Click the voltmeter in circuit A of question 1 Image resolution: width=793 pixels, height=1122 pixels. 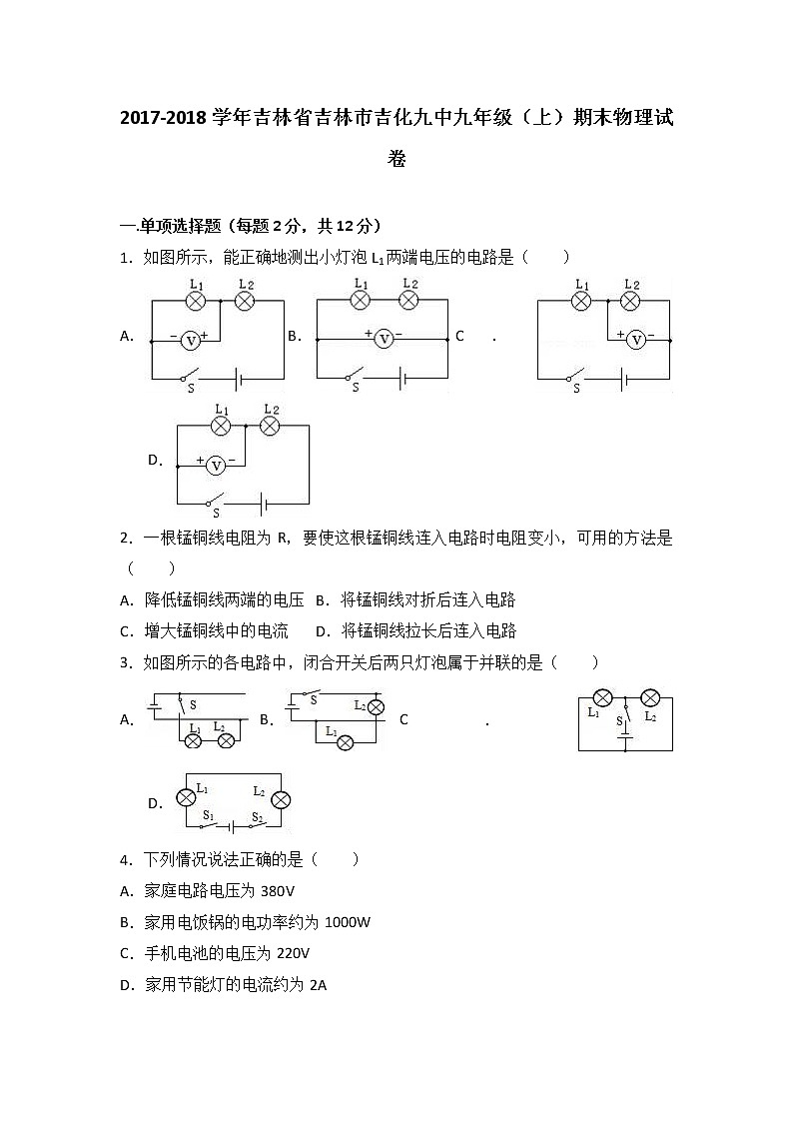click(x=191, y=341)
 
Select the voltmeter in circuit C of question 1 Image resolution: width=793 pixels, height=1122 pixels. click(x=636, y=341)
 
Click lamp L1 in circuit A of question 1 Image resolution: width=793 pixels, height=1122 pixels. click(x=197, y=300)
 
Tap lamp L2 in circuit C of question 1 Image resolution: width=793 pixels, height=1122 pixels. click(x=630, y=300)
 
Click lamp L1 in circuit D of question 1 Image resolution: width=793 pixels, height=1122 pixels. click(x=221, y=426)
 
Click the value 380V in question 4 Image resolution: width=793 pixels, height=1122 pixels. click(x=277, y=891)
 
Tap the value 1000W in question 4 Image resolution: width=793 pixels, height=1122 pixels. click(x=348, y=922)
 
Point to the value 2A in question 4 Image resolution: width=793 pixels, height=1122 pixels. click(x=318, y=985)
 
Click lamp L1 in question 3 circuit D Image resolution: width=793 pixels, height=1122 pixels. click(x=186, y=798)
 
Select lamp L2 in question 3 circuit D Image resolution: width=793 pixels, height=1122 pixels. click(x=281, y=800)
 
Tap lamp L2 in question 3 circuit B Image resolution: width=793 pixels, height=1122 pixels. click(x=376, y=706)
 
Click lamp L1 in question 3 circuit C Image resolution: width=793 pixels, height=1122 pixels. click(x=602, y=697)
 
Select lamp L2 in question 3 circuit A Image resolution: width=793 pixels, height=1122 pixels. click(x=227, y=740)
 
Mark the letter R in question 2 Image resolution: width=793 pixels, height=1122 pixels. click(x=282, y=539)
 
